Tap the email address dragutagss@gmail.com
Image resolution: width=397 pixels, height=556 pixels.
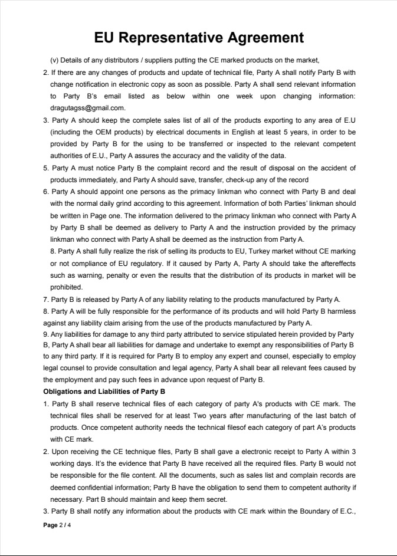87,108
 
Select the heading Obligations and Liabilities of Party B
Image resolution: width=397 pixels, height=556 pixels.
104,391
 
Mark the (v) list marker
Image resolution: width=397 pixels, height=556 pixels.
54,60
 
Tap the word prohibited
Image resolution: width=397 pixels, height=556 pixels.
66,287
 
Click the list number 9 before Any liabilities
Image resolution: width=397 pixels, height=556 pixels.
45,334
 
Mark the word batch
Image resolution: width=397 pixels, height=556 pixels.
346,416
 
